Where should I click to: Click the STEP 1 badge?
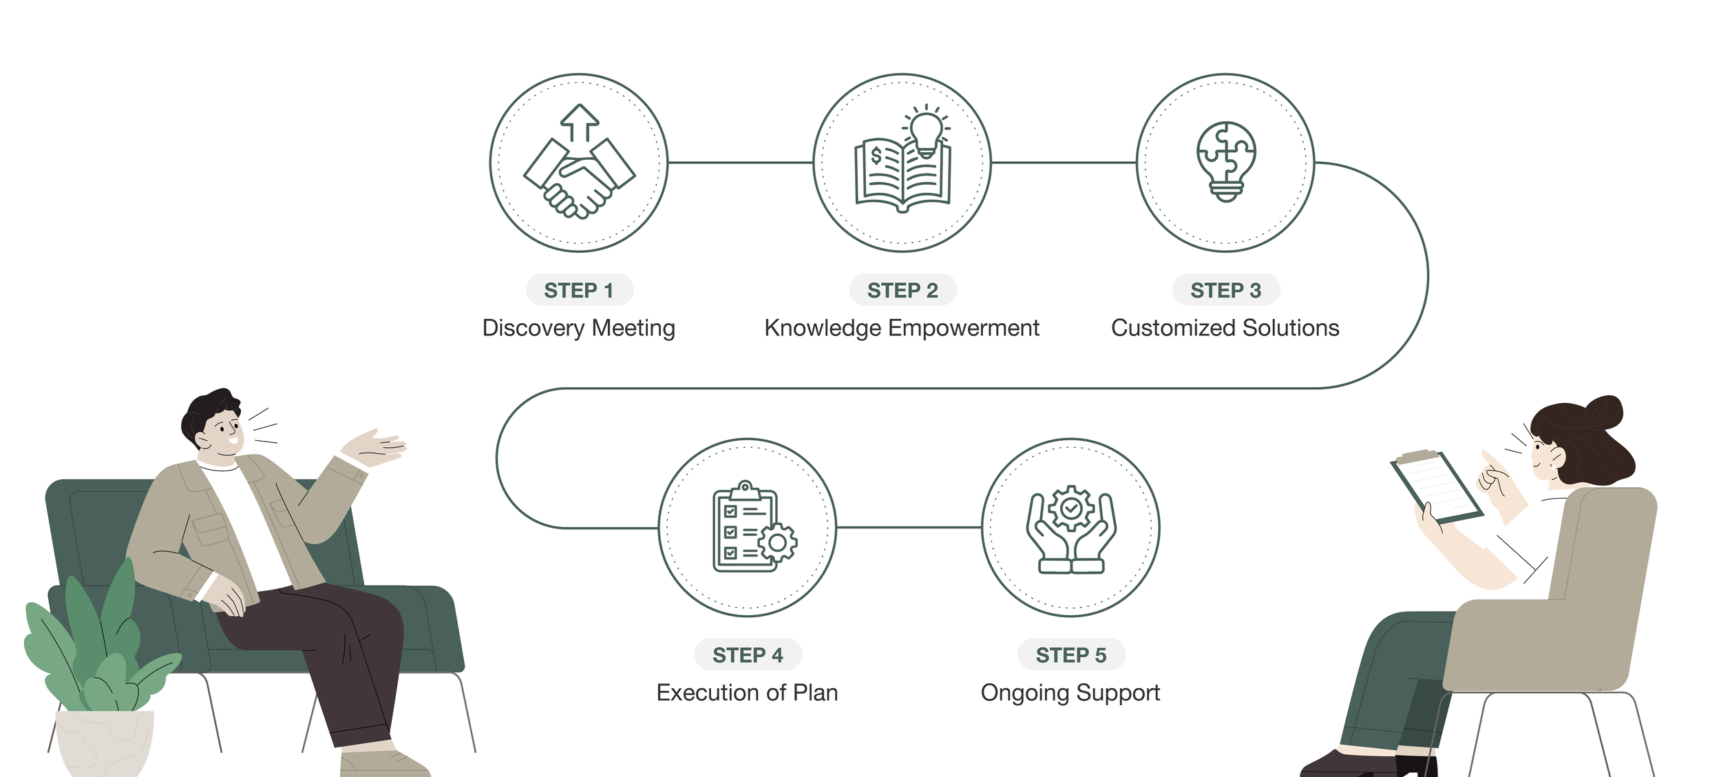point(579,290)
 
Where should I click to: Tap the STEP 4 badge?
point(748,654)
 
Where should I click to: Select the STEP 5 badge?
point(1071,654)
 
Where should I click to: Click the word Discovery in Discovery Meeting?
point(533,328)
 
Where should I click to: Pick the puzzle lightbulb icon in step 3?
point(1225,161)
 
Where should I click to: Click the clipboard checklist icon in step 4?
point(750,527)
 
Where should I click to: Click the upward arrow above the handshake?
point(580,123)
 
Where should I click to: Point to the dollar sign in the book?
point(876,156)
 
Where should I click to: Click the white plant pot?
point(103,744)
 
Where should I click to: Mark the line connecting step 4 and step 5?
point(909,528)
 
